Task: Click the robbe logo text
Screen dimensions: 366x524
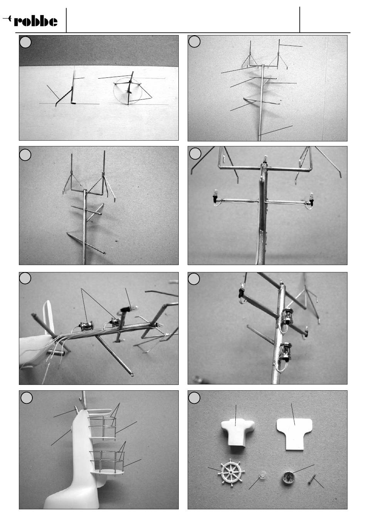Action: [x=35, y=21]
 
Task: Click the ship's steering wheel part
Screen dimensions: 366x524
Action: [x=231, y=472]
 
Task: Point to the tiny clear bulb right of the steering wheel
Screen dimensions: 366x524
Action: [x=262, y=474]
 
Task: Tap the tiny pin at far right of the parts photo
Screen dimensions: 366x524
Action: [x=312, y=476]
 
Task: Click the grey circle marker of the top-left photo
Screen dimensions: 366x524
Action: [x=25, y=42]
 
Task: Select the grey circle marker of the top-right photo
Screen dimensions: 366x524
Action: [x=194, y=42]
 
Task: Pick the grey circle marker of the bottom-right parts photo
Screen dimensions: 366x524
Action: [x=194, y=398]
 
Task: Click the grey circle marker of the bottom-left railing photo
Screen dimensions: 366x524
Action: [x=27, y=398]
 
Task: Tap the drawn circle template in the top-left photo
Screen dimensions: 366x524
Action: [x=128, y=91]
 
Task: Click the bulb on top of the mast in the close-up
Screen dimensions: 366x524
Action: [x=265, y=159]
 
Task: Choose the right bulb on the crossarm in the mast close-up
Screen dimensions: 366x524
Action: [x=311, y=198]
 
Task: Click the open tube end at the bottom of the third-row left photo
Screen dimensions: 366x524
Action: [x=133, y=375]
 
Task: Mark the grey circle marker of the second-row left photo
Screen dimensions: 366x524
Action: [x=25, y=155]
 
